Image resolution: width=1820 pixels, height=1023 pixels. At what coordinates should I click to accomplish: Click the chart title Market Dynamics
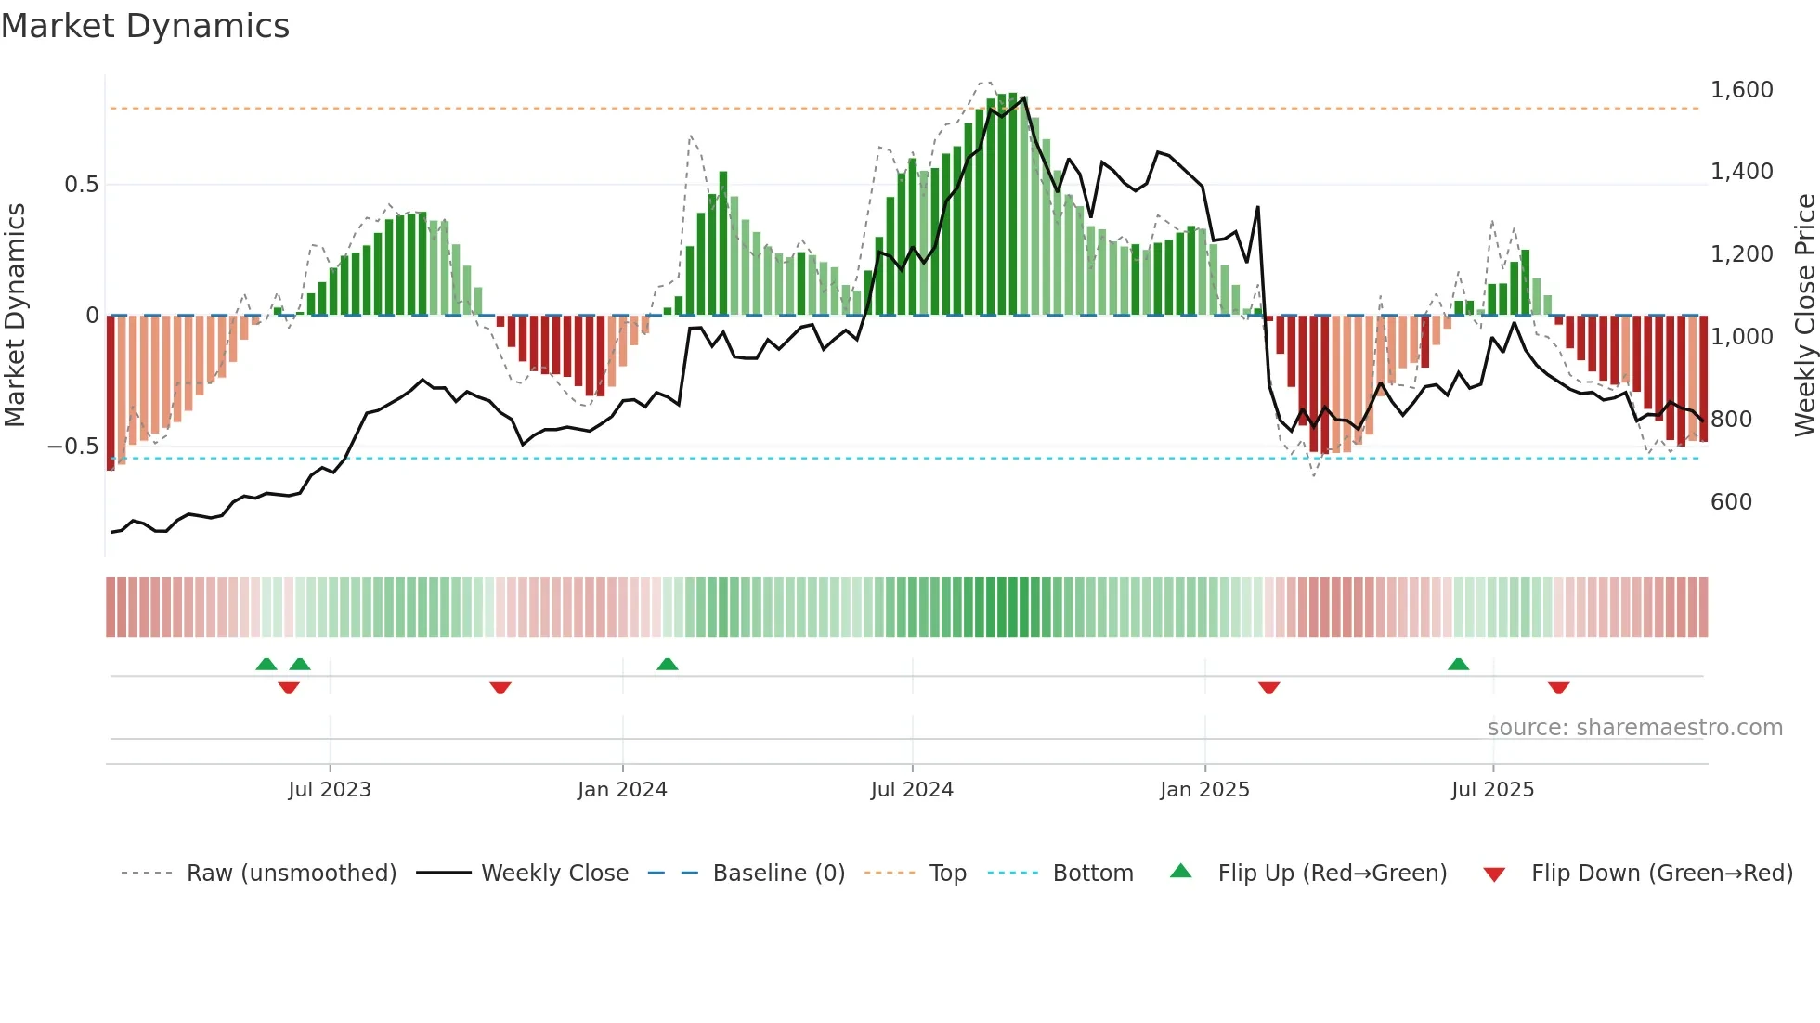tap(146, 26)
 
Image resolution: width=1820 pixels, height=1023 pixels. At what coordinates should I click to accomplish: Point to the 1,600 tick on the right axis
tap(1741, 90)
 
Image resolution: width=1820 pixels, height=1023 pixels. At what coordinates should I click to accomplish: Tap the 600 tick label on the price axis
tap(1731, 502)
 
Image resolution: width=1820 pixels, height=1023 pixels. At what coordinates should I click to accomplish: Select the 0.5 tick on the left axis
tap(81, 185)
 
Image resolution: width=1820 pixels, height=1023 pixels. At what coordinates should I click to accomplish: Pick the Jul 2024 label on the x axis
tap(911, 790)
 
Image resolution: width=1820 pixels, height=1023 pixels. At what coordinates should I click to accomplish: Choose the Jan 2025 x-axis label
tap(1204, 790)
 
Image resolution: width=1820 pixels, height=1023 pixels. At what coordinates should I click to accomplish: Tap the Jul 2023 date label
tap(329, 790)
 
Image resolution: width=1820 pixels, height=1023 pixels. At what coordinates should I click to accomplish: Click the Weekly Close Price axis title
tap(1804, 316)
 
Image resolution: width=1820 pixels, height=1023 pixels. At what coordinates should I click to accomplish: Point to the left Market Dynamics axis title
tap(15, 316)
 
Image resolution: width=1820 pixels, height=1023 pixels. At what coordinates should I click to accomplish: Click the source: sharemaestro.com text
tap(1634, 728)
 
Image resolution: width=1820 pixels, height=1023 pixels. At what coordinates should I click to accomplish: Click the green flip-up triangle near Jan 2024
tap(667, 665)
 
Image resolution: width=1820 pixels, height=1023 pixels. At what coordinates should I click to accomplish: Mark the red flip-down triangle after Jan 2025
tap(1268, 688)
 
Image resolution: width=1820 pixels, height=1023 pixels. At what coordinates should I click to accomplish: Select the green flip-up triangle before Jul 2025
tap(1458, 665)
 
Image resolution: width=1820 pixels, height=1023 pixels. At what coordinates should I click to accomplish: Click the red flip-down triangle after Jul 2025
tap(1558, 688)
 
